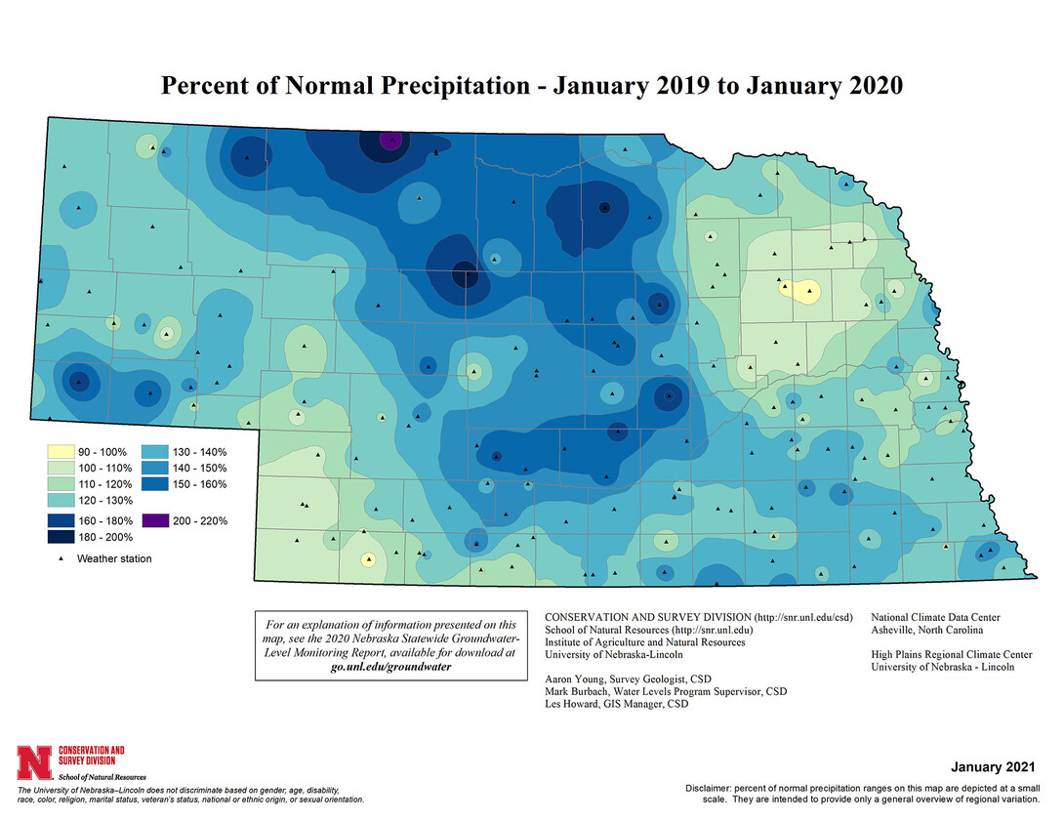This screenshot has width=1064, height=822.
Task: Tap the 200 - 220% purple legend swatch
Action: pos(155,520)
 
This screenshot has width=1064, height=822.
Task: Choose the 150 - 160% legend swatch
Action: pos(155,482)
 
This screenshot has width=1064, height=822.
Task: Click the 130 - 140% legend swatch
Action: pos(155,452)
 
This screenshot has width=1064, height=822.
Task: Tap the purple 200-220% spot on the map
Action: pos(390,141)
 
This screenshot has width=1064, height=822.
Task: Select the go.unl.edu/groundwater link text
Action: pos(389,666)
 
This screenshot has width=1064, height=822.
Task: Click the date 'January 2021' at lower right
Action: pos(992,767)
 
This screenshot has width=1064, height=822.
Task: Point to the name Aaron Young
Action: pos(574,678)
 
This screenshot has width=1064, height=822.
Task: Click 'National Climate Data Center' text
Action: pos(934,617)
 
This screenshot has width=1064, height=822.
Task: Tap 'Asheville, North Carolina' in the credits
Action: pos(920,630)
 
